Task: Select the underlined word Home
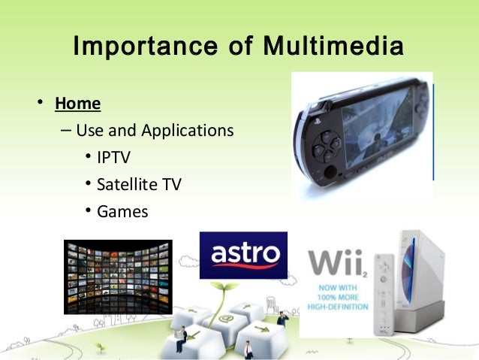77,103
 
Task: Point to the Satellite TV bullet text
139,184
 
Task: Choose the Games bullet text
122,211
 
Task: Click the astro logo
243,255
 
